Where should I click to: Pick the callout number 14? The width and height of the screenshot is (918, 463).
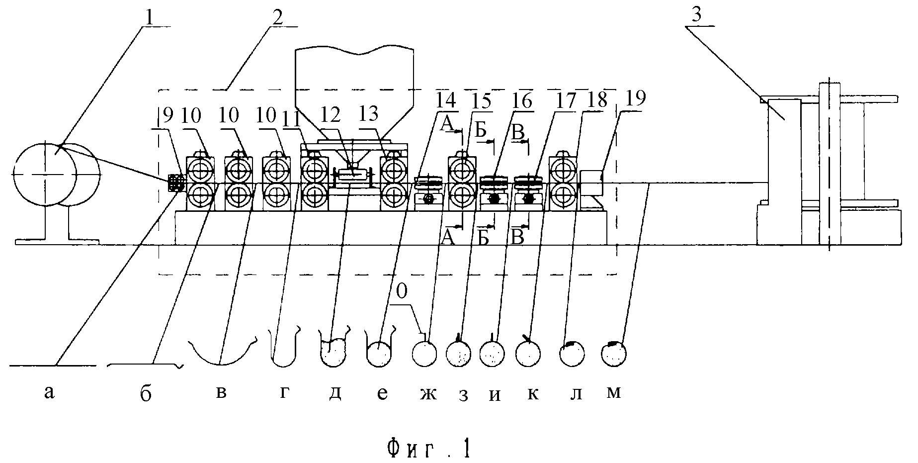(445, 100)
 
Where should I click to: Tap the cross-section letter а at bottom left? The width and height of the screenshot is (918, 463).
(48, 393)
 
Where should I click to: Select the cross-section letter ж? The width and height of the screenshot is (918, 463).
(427, 393)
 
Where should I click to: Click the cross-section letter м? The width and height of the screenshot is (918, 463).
(614, 392)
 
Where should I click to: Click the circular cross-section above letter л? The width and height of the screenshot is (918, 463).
(572, 354)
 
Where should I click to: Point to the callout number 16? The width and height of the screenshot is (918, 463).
(522, 100)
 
